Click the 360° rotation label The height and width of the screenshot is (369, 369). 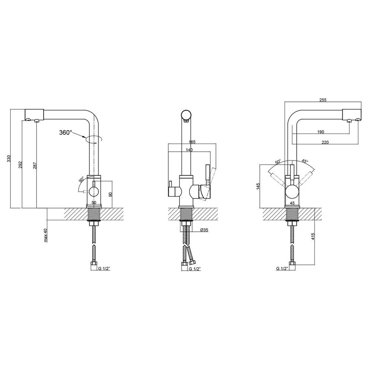point(65,132)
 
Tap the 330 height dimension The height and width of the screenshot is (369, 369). point(9,158)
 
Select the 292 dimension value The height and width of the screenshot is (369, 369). point(20,165)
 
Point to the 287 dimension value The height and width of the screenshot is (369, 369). point(35,165)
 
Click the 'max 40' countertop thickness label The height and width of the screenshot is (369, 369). point(46,235)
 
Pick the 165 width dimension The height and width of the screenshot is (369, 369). point(192,142)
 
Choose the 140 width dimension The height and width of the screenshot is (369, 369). point(189,150)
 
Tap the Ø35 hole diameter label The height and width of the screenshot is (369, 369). point(204,230)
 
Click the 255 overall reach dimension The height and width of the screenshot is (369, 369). point(323,100)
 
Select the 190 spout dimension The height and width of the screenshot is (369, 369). point(321,132)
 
